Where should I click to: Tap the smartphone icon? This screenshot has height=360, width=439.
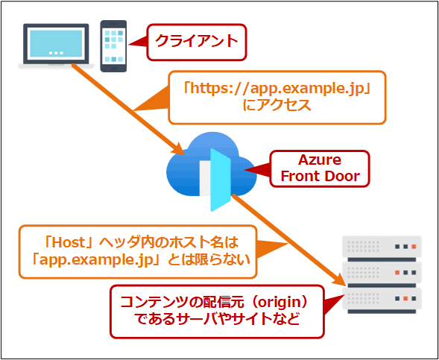pyautogui.click(x=113, y=45)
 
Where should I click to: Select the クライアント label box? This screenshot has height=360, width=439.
pyautogui.click(x=197, y=42)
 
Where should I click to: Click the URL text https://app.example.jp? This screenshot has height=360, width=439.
pyautogui.click(x=277, y=89)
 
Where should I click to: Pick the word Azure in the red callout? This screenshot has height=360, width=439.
pyautogui.click(x=319, y=160)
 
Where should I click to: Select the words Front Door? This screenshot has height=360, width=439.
pyautogui.click(x=319, y=176)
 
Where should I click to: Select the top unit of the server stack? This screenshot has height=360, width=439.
pyautogui.click(x=381, y=246)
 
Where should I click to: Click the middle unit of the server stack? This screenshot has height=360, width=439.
pyautogui.click(x=381, y=271)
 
